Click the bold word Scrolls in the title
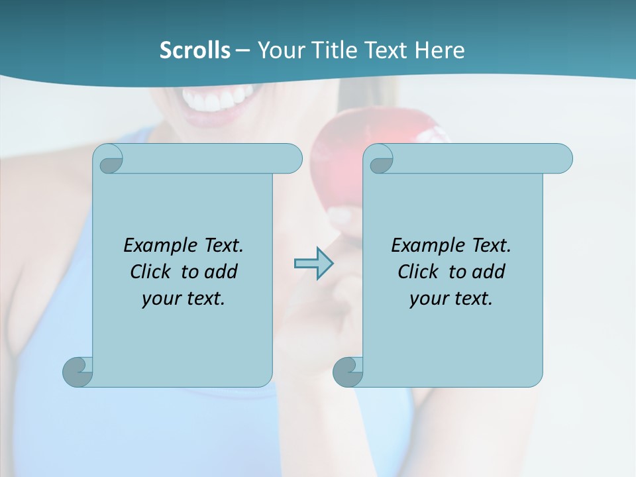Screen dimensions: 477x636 (x=195, y=50)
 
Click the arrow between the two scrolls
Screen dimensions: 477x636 (x=313, y=264)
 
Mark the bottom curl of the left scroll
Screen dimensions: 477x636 (x=78, y=372)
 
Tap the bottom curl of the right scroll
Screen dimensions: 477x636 (x=348, y=372)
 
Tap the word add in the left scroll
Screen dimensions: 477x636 (x=221, y=272)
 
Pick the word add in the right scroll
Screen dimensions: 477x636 (x=489, y=272)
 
